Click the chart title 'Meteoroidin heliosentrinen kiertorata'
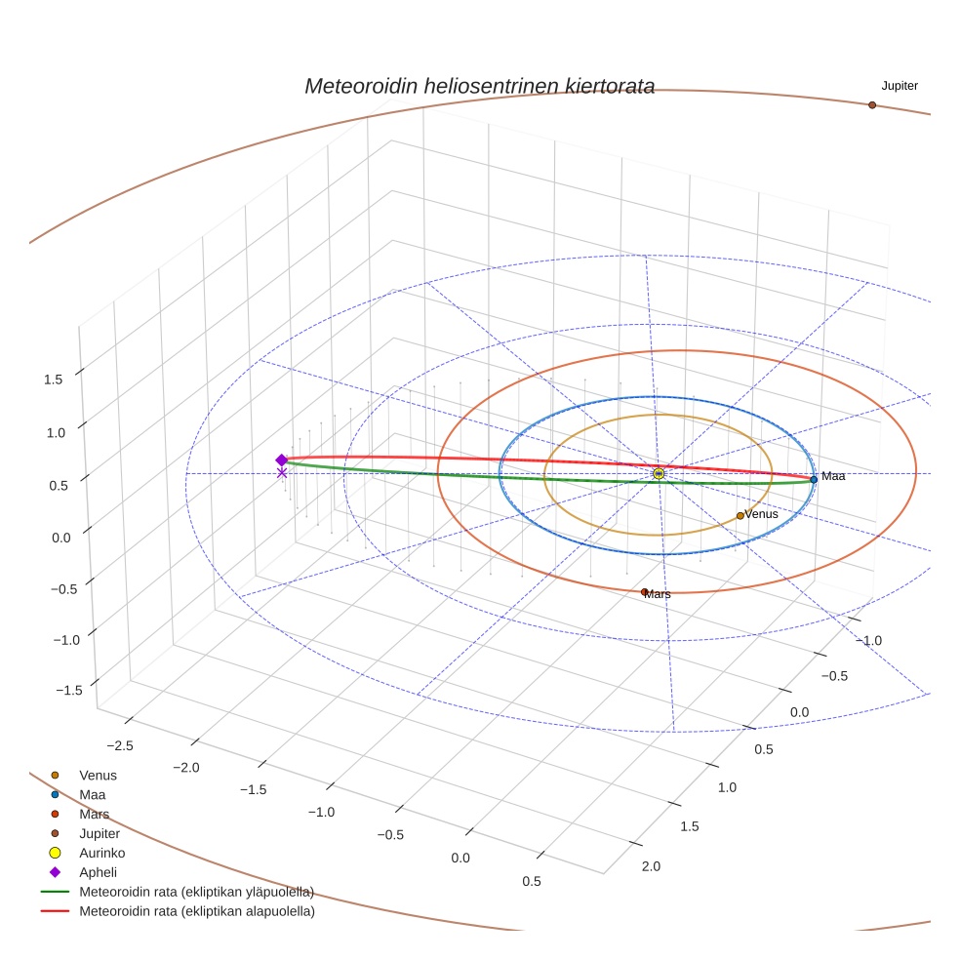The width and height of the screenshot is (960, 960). point(479,86)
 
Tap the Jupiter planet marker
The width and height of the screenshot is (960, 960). point(872,104)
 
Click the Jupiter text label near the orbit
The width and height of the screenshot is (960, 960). point(899,86)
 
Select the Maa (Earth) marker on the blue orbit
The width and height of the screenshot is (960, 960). point(814,479)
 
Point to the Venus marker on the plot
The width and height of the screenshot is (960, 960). point(740,515)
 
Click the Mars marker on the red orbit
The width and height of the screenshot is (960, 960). point(644,592)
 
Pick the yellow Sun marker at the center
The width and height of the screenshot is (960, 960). point(659,473)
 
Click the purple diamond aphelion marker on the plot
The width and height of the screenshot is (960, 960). point(282,460)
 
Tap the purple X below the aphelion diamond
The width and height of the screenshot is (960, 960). point(282,473)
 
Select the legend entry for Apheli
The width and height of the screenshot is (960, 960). point(98,872)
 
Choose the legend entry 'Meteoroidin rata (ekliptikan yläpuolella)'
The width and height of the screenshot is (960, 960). point(196,892)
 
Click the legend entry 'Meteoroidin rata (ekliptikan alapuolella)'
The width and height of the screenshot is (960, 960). point(196,911)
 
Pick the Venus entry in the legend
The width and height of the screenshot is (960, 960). point(98,775)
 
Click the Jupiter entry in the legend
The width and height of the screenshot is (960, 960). point(100,833)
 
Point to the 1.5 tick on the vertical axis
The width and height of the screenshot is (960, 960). point(53,380)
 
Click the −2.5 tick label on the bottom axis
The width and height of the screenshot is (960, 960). point(119,745)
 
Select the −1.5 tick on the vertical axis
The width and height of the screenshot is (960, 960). point(69,690)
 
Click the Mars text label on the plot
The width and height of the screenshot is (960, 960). point(659,594)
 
